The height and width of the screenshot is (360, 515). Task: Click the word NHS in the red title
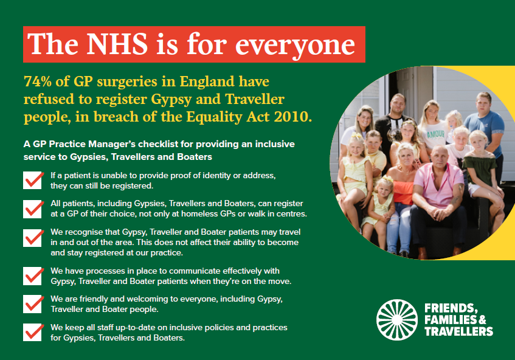point(117,44)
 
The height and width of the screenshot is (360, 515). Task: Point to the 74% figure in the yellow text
point(38,81)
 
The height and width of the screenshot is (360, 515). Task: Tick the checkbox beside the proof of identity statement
point(32,181)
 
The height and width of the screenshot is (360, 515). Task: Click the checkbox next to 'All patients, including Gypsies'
point(32,209)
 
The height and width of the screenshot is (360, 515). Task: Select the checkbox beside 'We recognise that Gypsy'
point(32,238)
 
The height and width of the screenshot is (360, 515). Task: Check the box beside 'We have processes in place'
point(32,276)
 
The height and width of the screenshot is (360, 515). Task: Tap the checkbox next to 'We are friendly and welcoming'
point(32,304)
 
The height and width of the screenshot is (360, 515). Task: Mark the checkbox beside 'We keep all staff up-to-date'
point(32,332)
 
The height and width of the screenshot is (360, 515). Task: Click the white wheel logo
point(397,320)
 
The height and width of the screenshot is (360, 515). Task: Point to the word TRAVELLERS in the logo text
point(458,331)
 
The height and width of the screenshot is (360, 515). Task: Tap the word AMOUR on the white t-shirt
point(435,134)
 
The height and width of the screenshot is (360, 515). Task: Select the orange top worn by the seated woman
point(403,192)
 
